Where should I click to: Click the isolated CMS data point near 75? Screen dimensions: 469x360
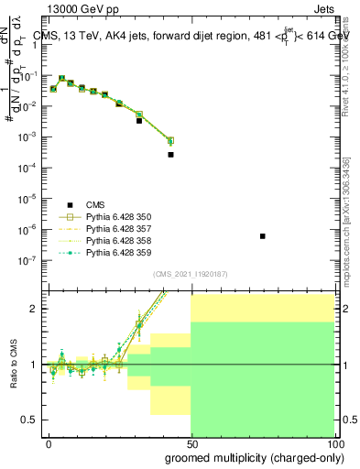pyautogui.click(x=263, y=236)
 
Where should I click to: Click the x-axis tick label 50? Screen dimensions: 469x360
pyautogui.click(x=191, y=443)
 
